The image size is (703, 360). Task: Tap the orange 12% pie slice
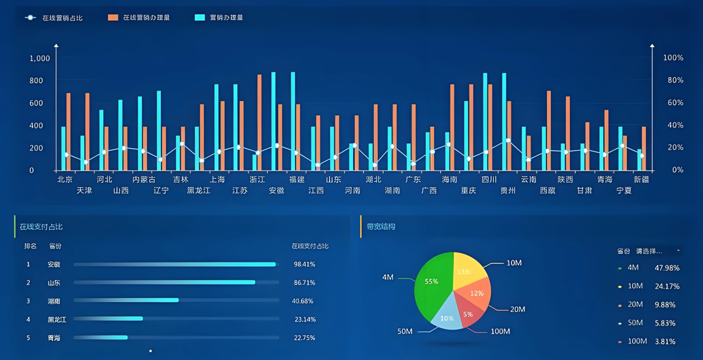475,294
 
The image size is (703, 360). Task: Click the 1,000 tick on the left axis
40,59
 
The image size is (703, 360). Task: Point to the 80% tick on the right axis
673,80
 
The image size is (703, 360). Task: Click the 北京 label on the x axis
65,179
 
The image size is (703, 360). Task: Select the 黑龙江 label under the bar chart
199,191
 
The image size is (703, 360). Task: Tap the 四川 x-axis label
489,179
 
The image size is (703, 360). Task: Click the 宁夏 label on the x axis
624,191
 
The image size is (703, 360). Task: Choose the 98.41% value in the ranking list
304,264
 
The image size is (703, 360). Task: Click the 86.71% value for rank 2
304,283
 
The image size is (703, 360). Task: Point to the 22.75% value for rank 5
304,338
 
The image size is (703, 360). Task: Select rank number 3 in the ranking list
28,301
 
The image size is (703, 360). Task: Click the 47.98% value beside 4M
667,268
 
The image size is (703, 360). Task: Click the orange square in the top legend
113,18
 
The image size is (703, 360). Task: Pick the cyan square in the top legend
200,18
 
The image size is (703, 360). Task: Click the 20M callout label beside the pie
517,309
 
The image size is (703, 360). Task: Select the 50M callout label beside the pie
405,331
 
